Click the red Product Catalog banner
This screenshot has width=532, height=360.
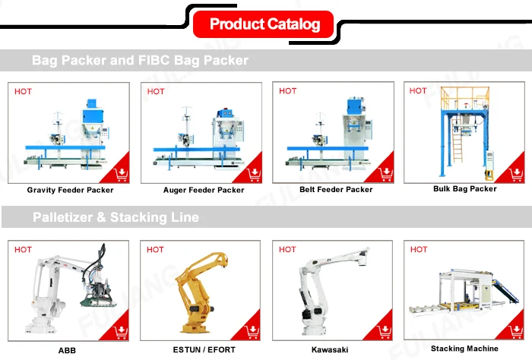point(264,24)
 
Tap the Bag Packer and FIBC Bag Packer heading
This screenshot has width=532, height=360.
point(140,60)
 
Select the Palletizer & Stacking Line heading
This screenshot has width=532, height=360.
point(116,218)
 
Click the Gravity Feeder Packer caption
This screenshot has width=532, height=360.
point(70,190)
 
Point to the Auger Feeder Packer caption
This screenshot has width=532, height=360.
point(204,190)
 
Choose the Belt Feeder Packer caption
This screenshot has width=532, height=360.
point(336,190)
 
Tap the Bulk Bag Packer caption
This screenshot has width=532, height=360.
point(464,189)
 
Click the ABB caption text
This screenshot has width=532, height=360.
point(67,350)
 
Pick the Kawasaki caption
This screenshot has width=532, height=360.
point(330,350)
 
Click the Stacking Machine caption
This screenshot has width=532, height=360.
point(464,349)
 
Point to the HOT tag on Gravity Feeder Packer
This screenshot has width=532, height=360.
point(24,92)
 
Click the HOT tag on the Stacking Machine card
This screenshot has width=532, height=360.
point(419,249)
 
